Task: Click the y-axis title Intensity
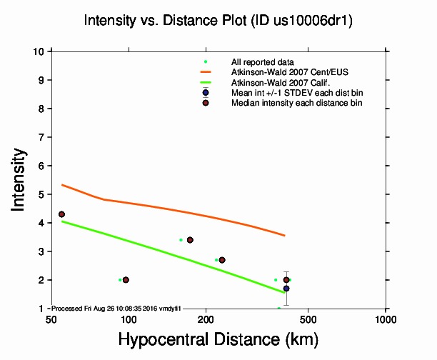coord(19,179)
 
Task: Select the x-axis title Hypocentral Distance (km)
coord(218,338)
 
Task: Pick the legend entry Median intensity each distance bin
coord(296,103)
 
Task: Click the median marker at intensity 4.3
coord(61,214)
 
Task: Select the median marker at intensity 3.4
coord(190,240)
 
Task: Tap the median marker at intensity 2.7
coord(222,260)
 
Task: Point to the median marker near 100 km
coord(126,280)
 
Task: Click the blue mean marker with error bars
coord(286,289)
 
